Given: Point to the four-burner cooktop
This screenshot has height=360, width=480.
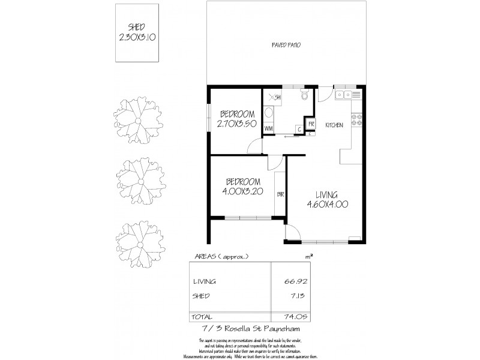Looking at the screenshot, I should pos(357,119).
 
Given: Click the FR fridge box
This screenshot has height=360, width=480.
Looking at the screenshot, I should pos(311,125).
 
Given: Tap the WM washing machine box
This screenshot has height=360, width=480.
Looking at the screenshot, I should pos(269,128).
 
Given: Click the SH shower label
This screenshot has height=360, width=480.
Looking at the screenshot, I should pos(278,97).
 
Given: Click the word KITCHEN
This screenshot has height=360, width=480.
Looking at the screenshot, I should pos(334,125).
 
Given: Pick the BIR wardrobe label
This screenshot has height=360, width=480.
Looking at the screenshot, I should pos(280,194).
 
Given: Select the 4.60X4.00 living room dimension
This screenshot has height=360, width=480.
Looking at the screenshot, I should pos(327,204).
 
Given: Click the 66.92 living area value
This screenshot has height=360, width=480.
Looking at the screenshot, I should pos(292,281).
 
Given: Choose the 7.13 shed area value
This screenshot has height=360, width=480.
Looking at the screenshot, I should pos(294,296).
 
